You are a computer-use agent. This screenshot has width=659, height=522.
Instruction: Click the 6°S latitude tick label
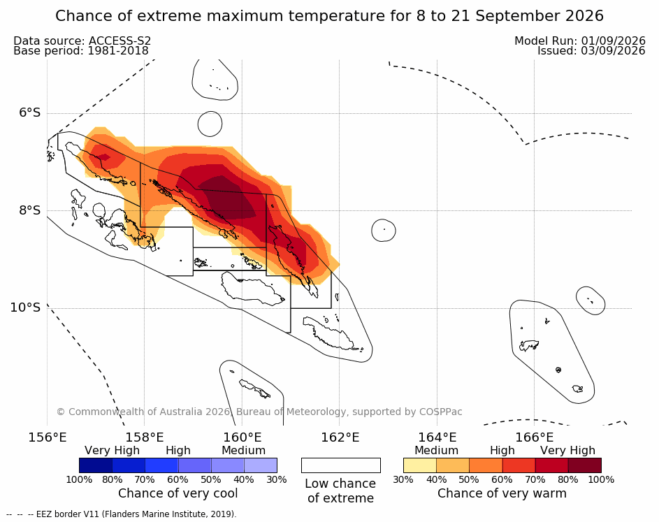pyautogui.click(x=30, y=113)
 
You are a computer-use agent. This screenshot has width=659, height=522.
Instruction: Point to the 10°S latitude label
pyautogui.click(x=26, y=307)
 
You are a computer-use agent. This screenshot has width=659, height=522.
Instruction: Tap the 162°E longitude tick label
pyautogui.click(x=340, y=437)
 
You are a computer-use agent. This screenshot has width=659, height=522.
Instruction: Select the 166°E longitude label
pyautogui.click(x=534, y=437)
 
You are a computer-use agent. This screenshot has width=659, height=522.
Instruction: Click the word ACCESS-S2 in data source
pyautogui.click(x=120, y=41)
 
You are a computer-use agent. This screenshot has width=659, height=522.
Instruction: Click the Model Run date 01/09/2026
pyautogui.click(x=613, y=41)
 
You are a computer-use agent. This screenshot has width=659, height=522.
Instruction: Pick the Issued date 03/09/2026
pyautogui.click(x=613, y=51)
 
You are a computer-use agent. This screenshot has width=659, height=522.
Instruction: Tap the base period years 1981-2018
pyautogui.click(x=118, y=51)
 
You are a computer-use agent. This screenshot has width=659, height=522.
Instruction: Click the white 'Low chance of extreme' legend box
pyautogui.click(x=341, y=465)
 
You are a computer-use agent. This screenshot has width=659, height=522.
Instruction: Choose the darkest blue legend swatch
pyautogui.click(x=96, y=465)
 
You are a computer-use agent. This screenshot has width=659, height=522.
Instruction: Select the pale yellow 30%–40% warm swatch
pyautogui.click(x=420, y=465)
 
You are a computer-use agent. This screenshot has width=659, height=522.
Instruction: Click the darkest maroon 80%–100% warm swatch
pyautogui.click(x=585, y=465)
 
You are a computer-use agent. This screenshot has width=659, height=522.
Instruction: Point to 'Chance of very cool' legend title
pyautogui.click(x=178, y=493)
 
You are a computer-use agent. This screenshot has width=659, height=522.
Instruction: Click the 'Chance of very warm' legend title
pyautogui.click(x=502, y=493)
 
